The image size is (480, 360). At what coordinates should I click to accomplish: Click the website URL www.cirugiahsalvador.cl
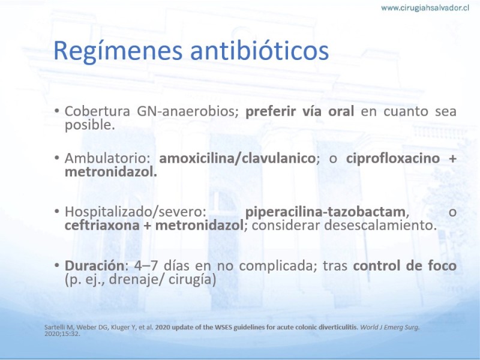[x=425, y=8]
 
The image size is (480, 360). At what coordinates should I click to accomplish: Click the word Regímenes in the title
[x=118, y=50]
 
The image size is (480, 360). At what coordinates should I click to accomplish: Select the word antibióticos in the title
[x=260, y=50]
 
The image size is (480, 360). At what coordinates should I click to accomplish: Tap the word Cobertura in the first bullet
[x=97, y=111]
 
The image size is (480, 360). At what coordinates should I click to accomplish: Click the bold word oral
[x=341, y=111]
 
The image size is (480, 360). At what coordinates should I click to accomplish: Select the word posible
[x=89, y=125]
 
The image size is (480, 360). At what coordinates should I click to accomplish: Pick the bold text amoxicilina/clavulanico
[x=237, y=158]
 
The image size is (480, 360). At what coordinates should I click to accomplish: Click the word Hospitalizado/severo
[x=136, y=212]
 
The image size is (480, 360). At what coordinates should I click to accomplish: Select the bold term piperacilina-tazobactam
[x=325, y=212]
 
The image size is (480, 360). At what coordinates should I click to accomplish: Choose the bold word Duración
[x=95, y=265]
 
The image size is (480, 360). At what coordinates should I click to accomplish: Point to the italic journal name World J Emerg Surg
[x=389, y=327]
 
